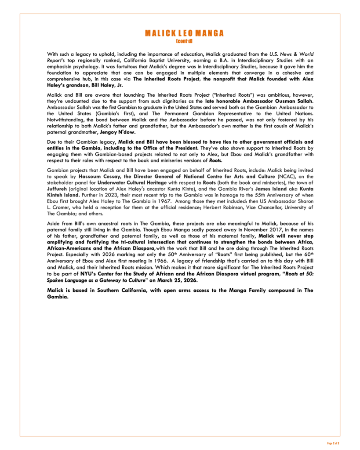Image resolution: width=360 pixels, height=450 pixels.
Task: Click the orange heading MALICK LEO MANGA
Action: click(184, 33)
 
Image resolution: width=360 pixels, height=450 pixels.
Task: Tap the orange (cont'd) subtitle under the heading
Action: click(184, 41)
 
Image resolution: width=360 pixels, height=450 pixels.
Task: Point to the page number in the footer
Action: click(333, 443)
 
